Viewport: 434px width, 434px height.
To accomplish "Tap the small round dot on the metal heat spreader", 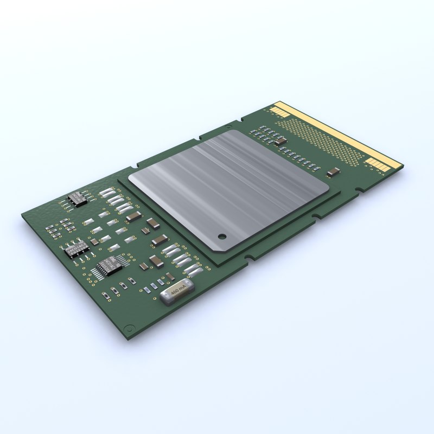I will pyautogui.click(x=221, y=236).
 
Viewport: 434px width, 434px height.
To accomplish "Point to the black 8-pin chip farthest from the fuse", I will pyautogui.click(x=78, y=199).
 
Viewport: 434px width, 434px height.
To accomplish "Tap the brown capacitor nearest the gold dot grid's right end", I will pyautogui.click(x=334, y=173).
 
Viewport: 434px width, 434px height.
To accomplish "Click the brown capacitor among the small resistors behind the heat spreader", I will pyautogui.click(x=280, y=142).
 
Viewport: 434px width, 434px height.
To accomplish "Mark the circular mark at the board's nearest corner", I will pyautogui.click(x=129, y=328).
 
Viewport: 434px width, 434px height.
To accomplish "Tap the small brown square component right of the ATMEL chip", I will pyautogui.click(x=94, y=241).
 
